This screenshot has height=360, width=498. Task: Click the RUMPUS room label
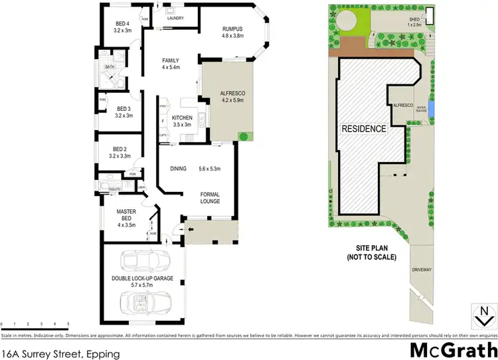pos(233,28)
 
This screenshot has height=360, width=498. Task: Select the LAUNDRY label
pos(175,18)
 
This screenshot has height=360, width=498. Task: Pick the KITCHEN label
pos(182,118)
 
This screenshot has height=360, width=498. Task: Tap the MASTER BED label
pos(125,215)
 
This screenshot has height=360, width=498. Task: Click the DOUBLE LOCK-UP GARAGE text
pos(144,279)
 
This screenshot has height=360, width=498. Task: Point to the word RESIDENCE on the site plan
pos(364,129)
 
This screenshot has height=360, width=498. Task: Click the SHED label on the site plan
pos(417,19)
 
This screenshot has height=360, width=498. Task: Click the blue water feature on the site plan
pos(432,107)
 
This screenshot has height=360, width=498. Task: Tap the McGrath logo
pos(452,349)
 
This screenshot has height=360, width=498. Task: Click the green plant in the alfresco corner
pos(243,137)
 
